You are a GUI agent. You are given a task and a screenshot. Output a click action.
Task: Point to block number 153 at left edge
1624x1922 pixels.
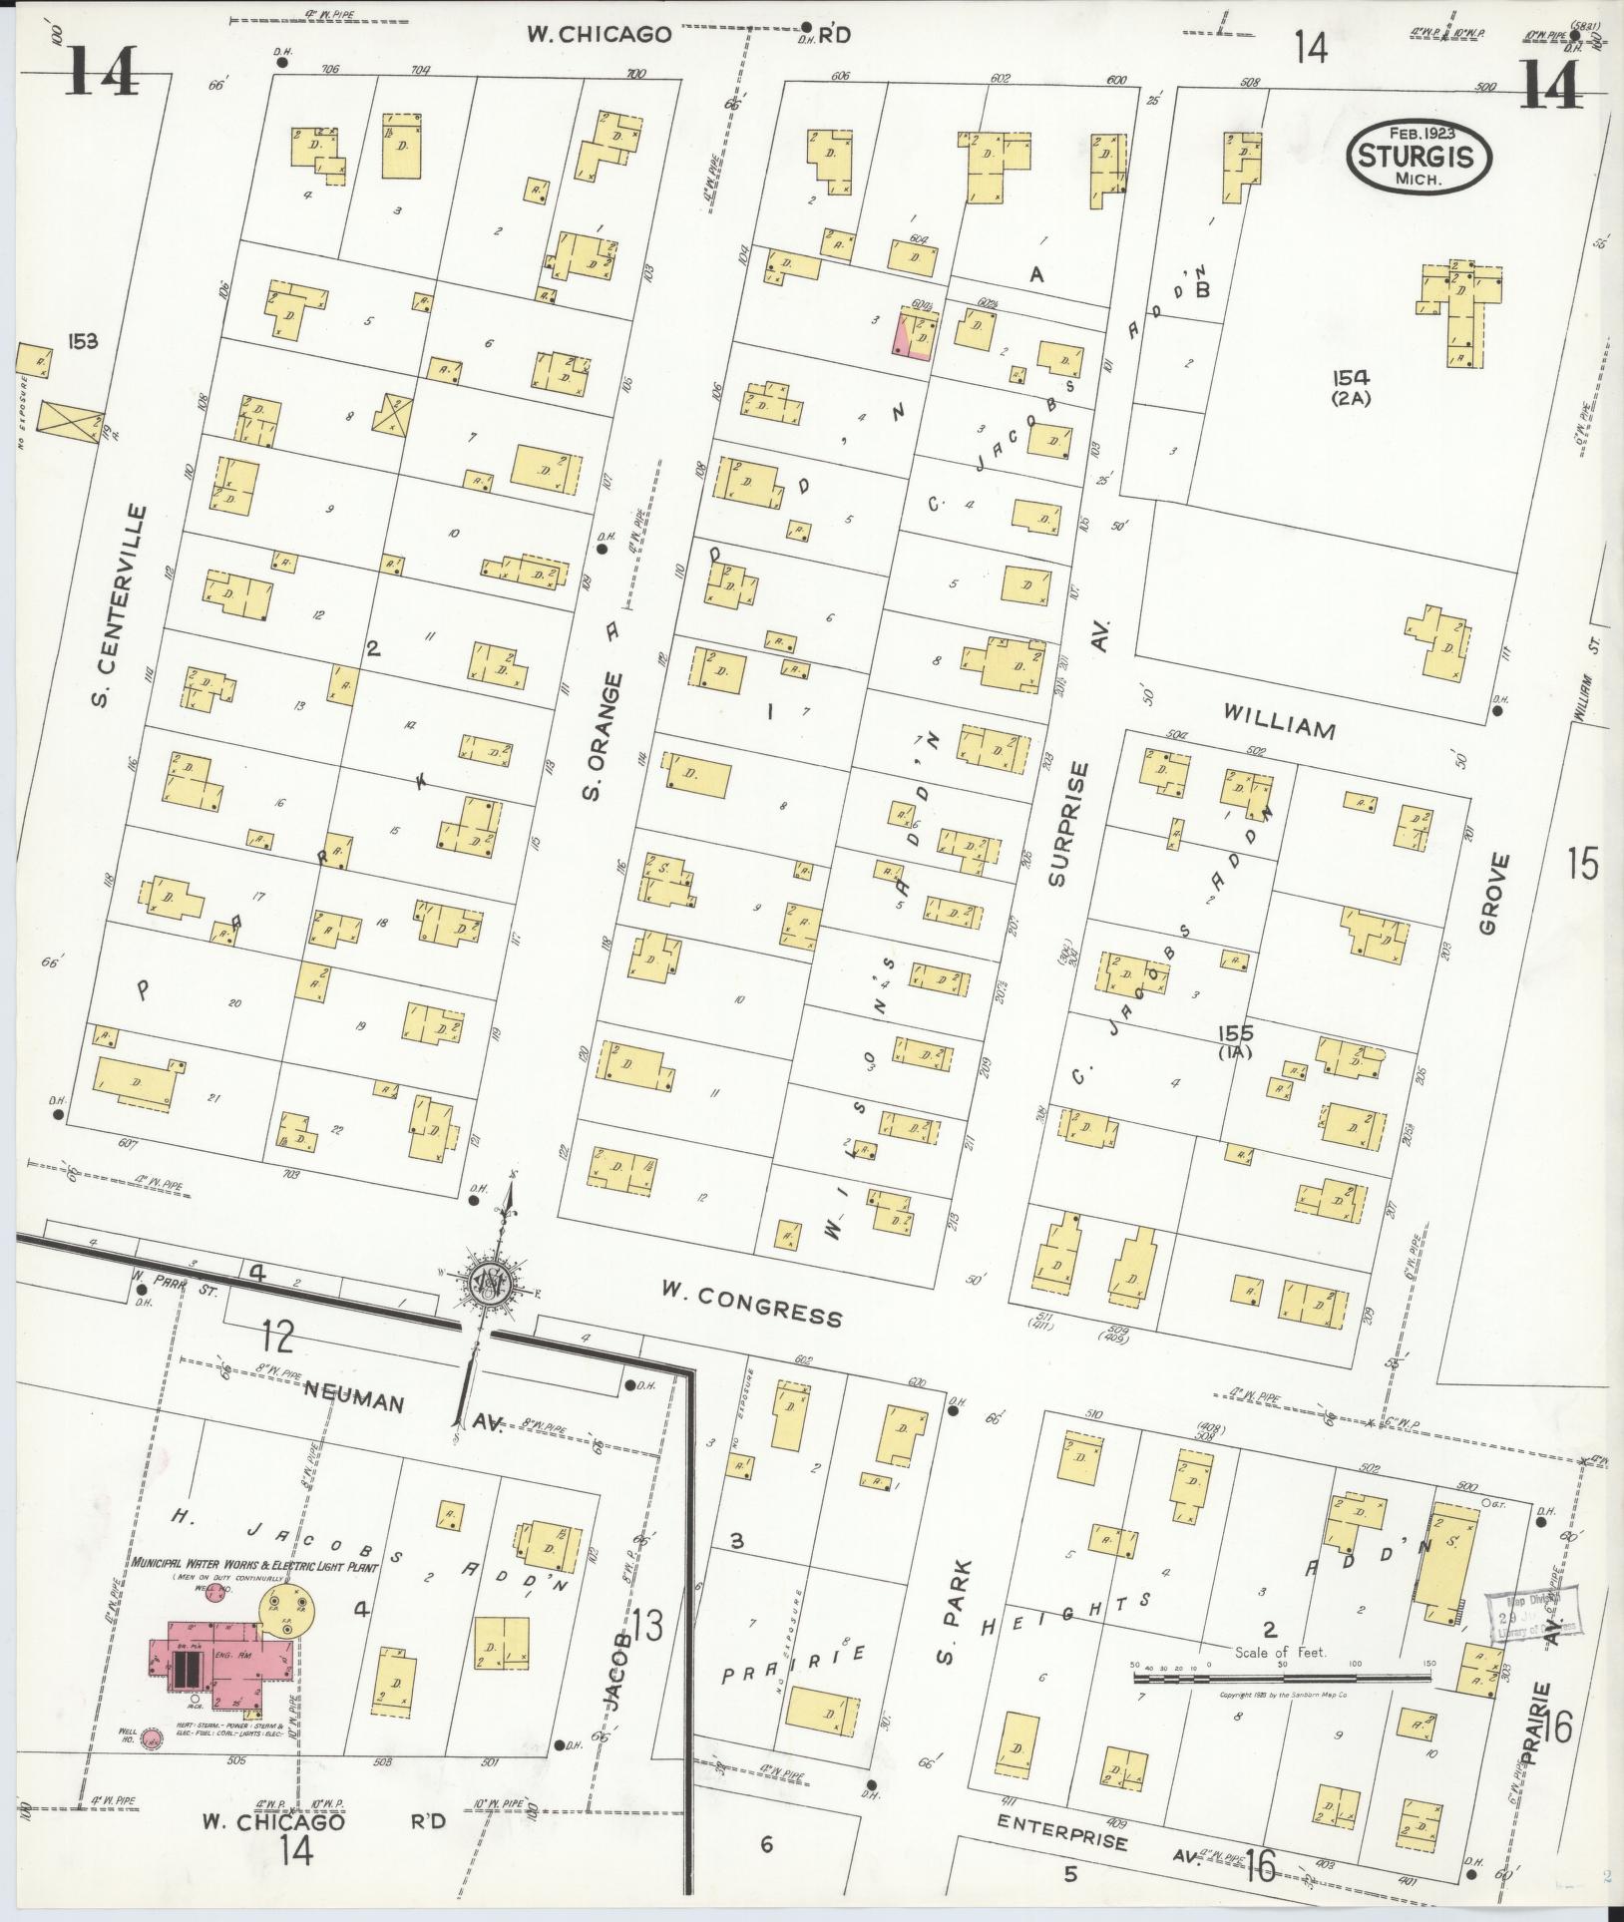tap(82, 342)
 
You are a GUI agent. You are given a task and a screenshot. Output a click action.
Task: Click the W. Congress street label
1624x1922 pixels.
tap(750, 1308)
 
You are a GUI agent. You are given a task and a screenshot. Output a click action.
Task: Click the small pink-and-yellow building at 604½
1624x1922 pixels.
tap(916, 333)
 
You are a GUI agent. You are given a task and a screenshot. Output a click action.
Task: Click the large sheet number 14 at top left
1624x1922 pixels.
tap(103, 72)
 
